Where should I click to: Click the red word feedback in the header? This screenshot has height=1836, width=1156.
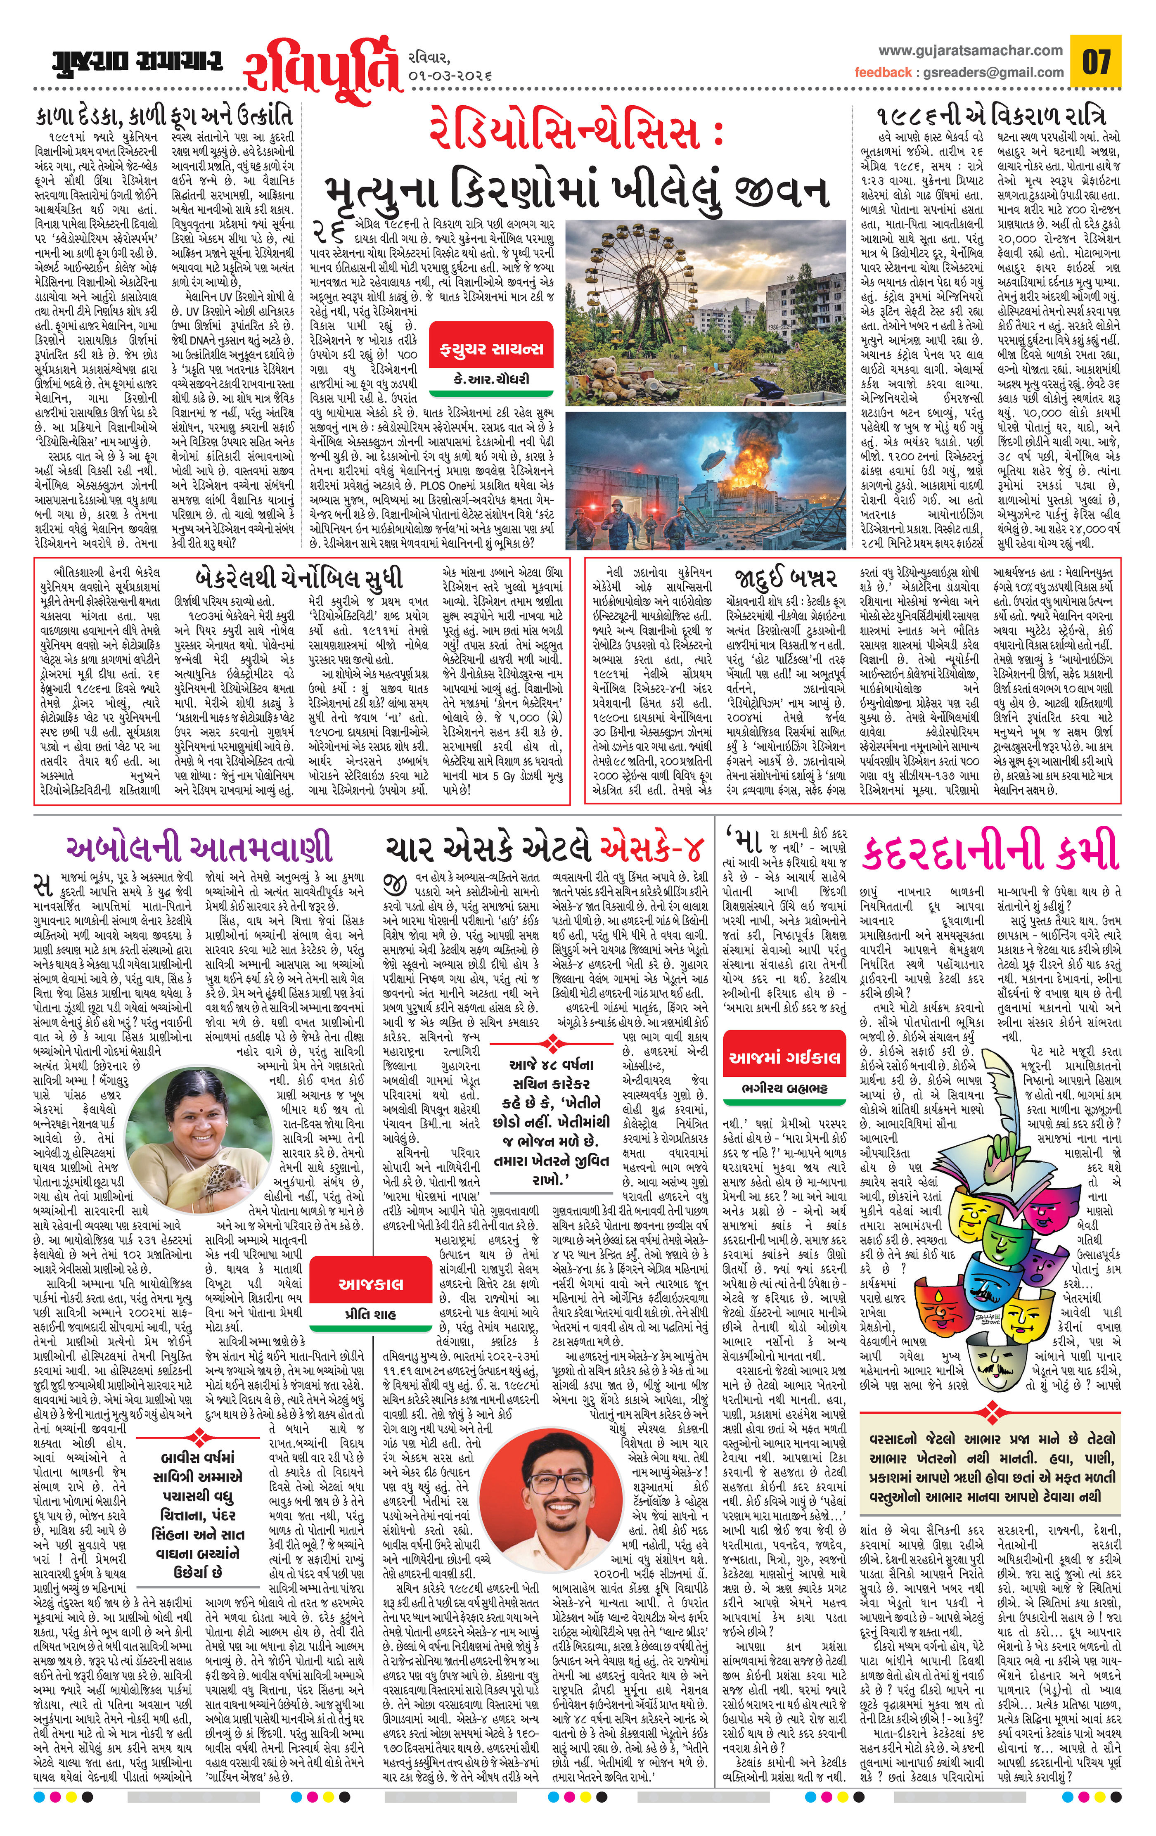[882, 72]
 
